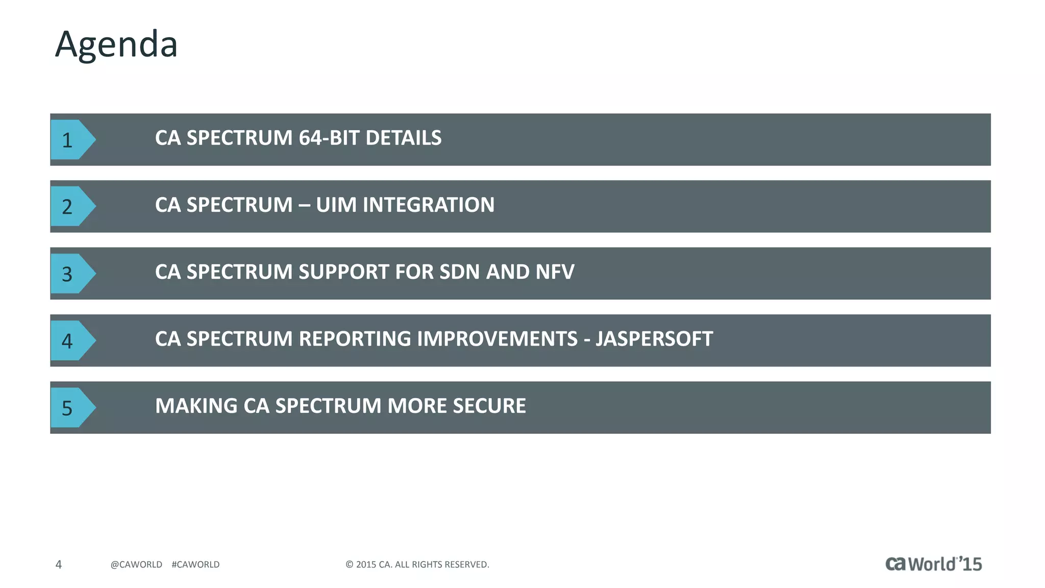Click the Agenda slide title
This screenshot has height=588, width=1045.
[x=116, y=44]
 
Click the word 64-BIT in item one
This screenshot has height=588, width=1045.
[x=329, y=138]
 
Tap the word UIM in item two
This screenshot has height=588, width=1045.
[x=336, y=205]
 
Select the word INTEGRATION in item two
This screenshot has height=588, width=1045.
[x=429, y=205]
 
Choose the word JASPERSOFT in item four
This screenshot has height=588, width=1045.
[x=654, y=339]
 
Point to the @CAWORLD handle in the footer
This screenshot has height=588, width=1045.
[x=136, y=565]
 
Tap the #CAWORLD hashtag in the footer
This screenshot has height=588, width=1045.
[x=195, y=565]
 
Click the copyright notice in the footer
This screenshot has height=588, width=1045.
[x=417, y=565]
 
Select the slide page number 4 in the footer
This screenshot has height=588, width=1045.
[x=59, y=565]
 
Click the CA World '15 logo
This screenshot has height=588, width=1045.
[x=933, y=563]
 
